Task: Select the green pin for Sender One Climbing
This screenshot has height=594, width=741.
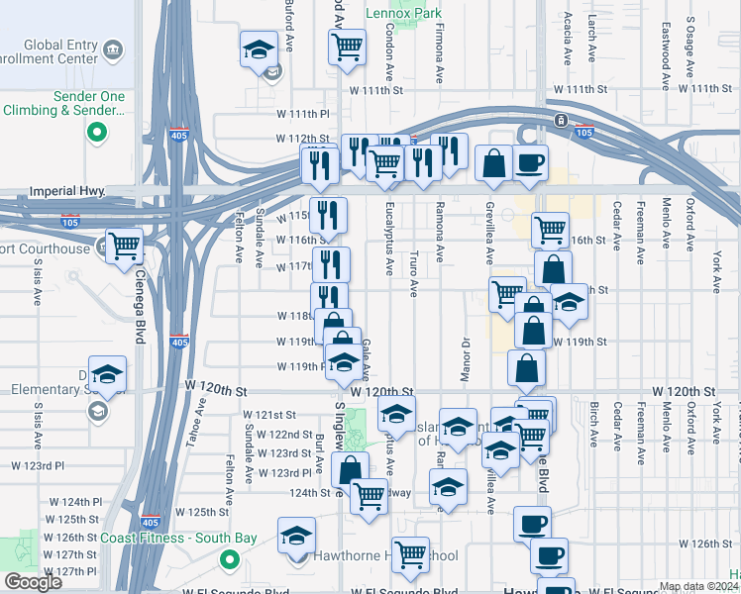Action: click(96, 133)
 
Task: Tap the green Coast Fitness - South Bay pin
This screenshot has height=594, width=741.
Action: click(230, 559)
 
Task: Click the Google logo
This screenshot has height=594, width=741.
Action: click(33, 582)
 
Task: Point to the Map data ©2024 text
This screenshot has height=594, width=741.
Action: click(699, 586)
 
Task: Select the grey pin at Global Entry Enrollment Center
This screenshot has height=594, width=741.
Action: click(112, 49)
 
